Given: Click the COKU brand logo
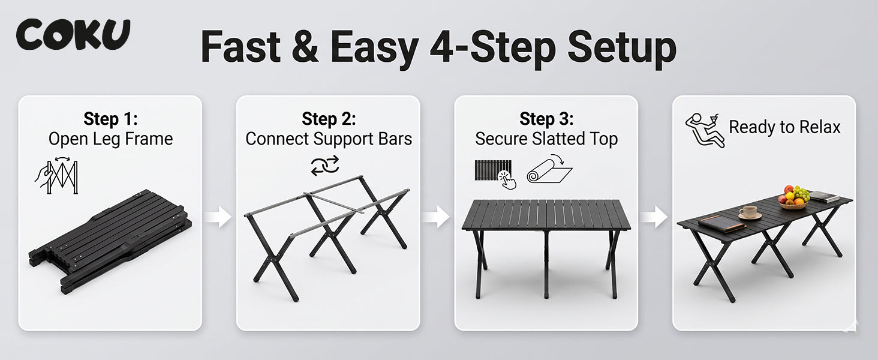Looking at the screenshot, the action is click(x=73, y=35).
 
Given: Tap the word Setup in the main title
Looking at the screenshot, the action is click(x=622, y=48).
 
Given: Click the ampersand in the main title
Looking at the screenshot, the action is click(x=305, y=46).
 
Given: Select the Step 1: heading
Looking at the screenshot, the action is click(x=110, y=119).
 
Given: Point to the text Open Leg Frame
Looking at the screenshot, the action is click(x=110, y=139).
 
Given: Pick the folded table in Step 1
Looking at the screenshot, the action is click(x=110, y=242).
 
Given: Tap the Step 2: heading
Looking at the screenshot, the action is click(x=329, y=119).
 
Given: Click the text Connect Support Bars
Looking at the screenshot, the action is click(x=329, y=139).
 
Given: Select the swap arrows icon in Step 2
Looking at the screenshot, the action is click(x=325, y=165).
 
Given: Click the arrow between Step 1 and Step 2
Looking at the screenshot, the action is click(x=218, y=217).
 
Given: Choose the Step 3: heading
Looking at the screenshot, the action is click(x=546, y=119).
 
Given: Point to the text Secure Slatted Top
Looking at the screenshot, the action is click(x=546, y=139).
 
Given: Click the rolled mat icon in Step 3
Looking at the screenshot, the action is click(x=549, y=169).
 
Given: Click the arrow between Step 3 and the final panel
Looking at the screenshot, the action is click(x=654, y=217).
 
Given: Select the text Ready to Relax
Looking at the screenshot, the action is click(x=784, y=127).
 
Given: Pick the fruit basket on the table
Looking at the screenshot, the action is click(x=793, y=197).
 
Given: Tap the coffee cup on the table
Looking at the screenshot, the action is click(x=748, y=212).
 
